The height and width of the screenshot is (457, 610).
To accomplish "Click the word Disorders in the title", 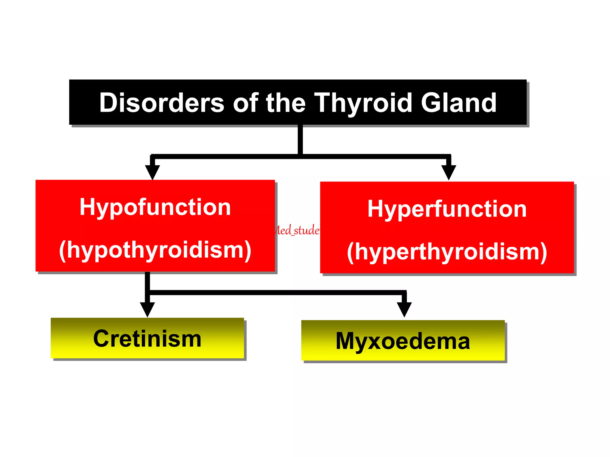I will tap(161, 103).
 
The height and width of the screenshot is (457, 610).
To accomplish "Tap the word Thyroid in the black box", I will tap(363, 103).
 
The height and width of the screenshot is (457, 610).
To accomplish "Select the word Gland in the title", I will tap(458, 103).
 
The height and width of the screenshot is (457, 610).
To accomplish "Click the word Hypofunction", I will tap(155, 207).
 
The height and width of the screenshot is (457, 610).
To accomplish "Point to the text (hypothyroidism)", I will tap(155, 250).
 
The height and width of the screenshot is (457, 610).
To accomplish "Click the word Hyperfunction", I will tap(447, 209).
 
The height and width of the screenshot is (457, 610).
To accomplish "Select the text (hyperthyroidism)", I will tap(447, 252).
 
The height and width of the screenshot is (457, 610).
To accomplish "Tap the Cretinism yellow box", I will tap(147, 338).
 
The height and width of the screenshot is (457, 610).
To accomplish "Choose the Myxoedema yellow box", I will tap(403, 341).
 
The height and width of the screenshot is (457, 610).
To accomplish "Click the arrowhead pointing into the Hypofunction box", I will tap(152, 172).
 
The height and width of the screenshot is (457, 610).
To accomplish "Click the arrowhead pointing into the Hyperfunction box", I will tap(449, 172).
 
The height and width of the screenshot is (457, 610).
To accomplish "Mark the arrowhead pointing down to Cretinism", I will tap(147, 309).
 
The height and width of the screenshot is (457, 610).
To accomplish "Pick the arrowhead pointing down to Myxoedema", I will tap(404, 309).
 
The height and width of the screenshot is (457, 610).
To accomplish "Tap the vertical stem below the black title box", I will tap(300, 139).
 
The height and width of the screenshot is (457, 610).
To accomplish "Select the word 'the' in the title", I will tap(286, 103).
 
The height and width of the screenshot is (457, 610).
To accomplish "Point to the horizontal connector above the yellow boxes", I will tap(277, 292).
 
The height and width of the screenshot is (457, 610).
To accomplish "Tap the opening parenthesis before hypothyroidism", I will tap(62, 251).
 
